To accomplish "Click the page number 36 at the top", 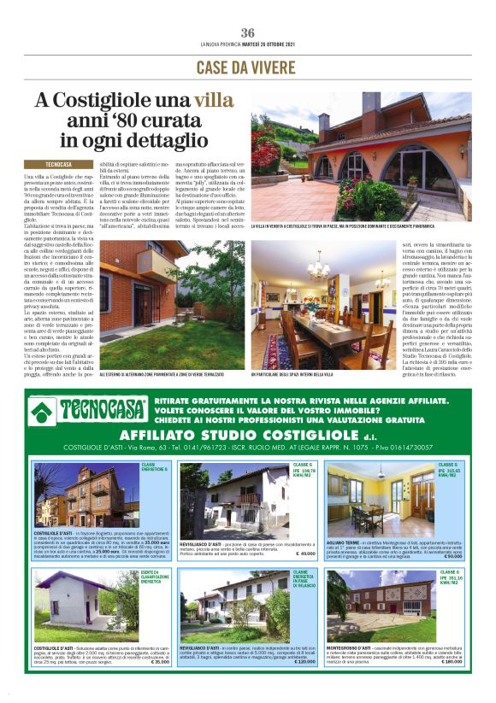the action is tap(248, 32).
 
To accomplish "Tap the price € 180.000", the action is tap(450, 661).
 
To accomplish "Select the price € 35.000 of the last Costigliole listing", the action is tap(160, 662).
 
